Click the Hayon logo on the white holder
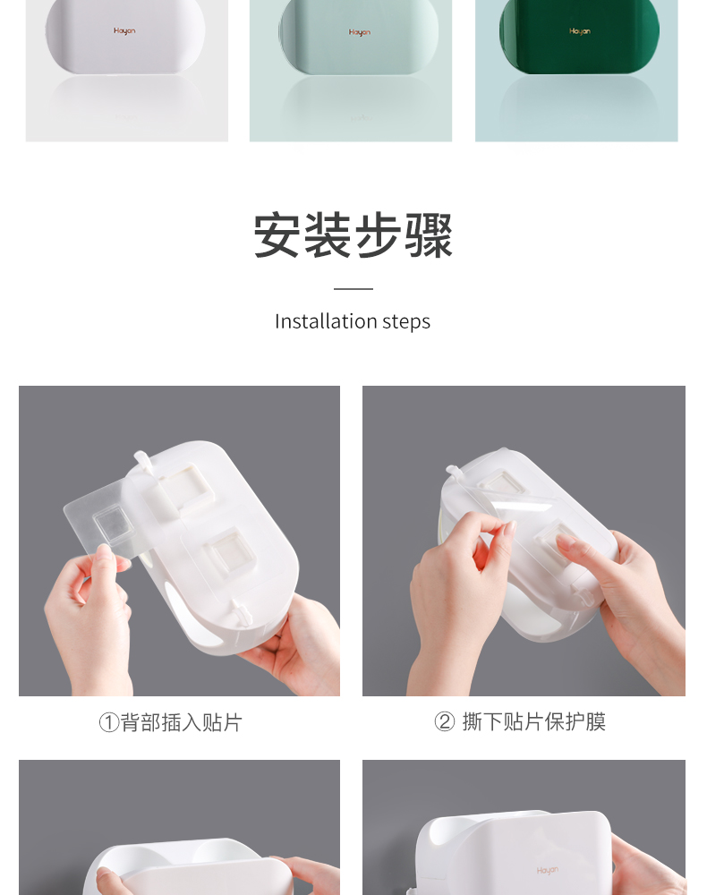pos(124,30)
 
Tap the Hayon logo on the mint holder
pos(360,32)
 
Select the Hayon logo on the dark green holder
pos(580,31)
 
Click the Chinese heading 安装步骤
pos(353,235)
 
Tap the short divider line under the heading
pos(353,289)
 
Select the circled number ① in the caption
pos(109,722)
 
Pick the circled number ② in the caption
pos(445,722)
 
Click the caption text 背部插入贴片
pos(182,722)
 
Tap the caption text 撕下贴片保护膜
pos(534,722)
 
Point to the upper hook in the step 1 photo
pos(142,461)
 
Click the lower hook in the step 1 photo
pos(240,613)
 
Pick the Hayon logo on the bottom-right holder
pos(547,871)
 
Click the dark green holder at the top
pos(579,37)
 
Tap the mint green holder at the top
pos(358,37)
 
